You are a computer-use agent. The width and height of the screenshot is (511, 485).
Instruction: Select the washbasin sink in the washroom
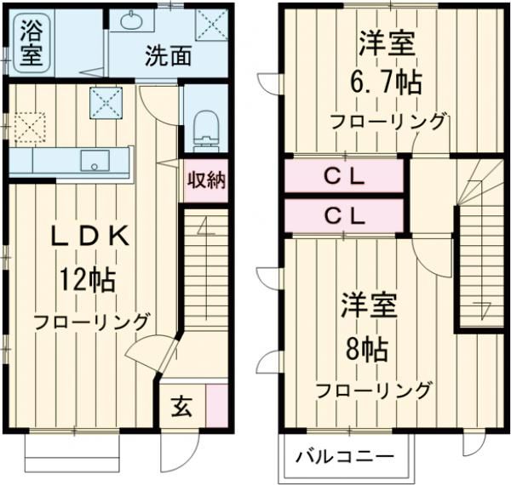135,20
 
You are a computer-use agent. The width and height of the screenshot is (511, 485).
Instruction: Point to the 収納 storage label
205,182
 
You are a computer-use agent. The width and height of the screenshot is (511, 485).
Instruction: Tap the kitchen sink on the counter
91,159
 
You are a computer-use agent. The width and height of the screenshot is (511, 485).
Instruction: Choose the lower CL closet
343,215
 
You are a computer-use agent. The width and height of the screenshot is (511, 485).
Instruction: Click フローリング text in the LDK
92,321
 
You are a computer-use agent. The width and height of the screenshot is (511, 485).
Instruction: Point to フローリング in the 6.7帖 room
388,121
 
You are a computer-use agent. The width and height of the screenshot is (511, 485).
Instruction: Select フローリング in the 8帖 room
373,391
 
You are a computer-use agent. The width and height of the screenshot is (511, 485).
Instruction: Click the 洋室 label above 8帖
370,305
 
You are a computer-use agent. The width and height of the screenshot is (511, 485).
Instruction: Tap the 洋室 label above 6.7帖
388,43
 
